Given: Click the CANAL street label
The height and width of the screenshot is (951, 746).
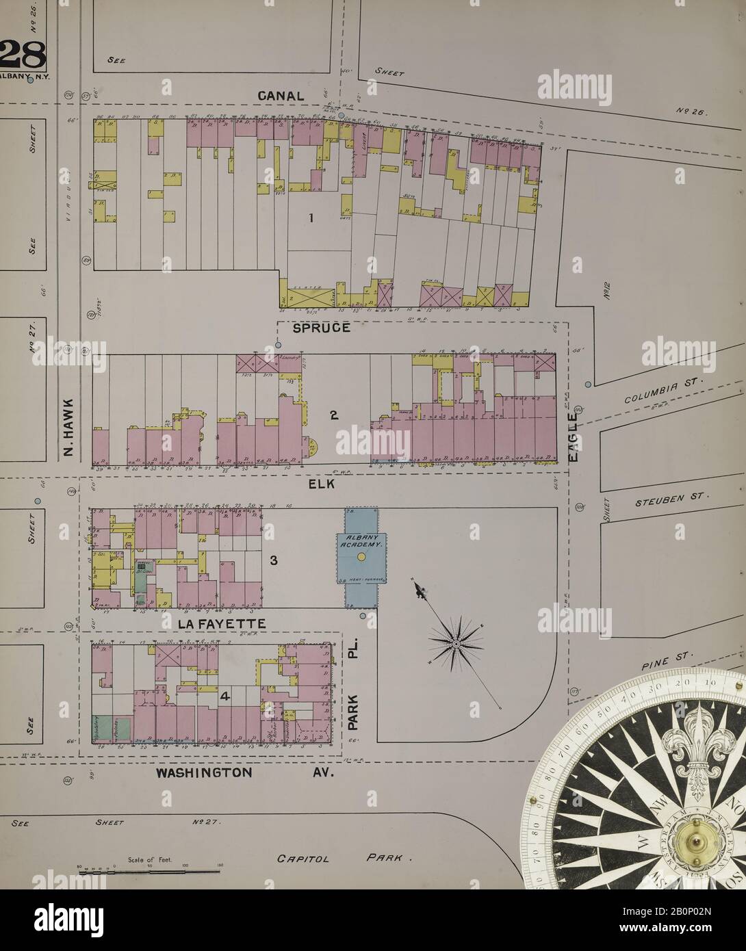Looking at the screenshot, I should pos(281,96).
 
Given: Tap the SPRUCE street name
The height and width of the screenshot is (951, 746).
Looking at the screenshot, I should pos(322,328).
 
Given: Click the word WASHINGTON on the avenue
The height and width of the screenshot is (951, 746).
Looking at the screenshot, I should pos(203,772).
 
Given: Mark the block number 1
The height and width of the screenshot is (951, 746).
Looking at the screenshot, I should pos(311,218).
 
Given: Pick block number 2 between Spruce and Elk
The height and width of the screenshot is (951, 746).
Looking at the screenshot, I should pos(334,415).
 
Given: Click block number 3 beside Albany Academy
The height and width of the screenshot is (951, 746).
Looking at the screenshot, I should pos(272,561).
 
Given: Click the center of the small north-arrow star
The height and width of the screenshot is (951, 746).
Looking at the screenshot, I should pos(456,643).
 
